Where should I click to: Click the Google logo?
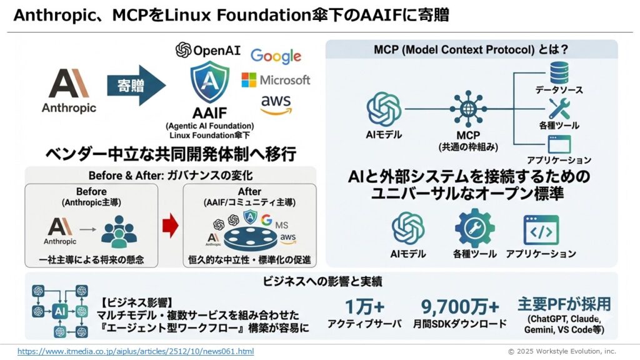(276, 56)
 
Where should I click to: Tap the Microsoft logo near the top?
(276, 80)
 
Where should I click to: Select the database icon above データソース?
(557, 74)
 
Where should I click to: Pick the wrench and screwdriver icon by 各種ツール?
(557, 109)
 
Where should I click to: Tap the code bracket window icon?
(541, 230)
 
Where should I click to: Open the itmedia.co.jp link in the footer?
(136, 351)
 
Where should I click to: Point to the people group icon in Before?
(119, 230)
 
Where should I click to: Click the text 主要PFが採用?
(564, 304)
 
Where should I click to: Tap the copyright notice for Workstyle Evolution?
(561, 351)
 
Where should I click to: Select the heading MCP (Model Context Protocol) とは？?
(471, 49)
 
